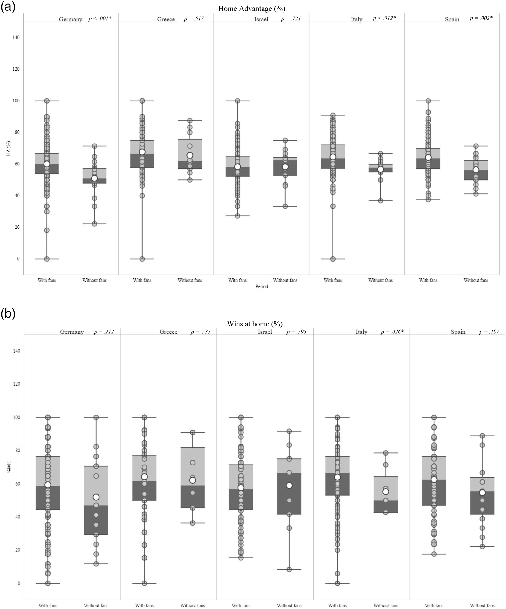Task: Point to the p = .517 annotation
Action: [x=194, y=18]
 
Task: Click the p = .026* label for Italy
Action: [x=392, y=332]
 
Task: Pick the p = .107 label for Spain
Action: [x=489, y=332]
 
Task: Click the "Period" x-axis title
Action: [x=261, y=287]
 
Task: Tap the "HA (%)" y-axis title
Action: [x=9, y=149]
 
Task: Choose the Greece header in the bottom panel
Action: [x=168, y=332]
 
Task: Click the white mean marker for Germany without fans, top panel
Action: [x=94, y=178]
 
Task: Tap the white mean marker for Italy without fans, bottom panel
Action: [x=386, y=492]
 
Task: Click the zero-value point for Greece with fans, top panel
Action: [x=142, y=259]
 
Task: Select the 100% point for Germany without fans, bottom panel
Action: [x=96, y=417]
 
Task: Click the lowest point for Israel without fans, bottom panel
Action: [x=289, y=570]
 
